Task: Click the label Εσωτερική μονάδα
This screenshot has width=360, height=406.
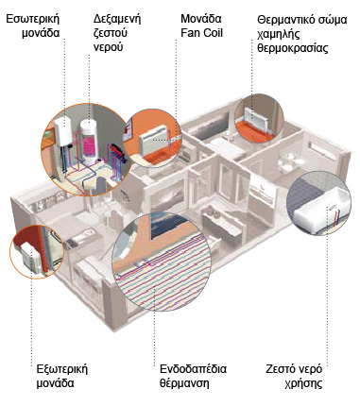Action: click(33, 25)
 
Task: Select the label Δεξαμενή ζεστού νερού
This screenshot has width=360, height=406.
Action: click(117, 33)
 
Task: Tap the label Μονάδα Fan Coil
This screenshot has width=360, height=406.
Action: click(201, 25)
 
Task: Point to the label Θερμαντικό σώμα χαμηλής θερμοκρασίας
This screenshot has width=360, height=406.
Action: click(302, 34)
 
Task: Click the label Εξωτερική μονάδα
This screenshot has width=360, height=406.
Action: click(62, 376)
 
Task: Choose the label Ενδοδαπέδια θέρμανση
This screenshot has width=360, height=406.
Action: click(193, 376)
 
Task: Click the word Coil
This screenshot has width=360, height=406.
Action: click(213, 33)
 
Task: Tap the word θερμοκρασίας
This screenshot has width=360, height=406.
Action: click(293, 48)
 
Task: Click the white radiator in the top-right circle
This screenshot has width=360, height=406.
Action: click(257, 114)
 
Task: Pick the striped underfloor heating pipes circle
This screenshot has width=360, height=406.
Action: click(161, 262)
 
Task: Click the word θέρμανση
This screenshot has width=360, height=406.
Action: click(184, 383)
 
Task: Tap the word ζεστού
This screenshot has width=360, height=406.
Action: click(111, 33)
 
